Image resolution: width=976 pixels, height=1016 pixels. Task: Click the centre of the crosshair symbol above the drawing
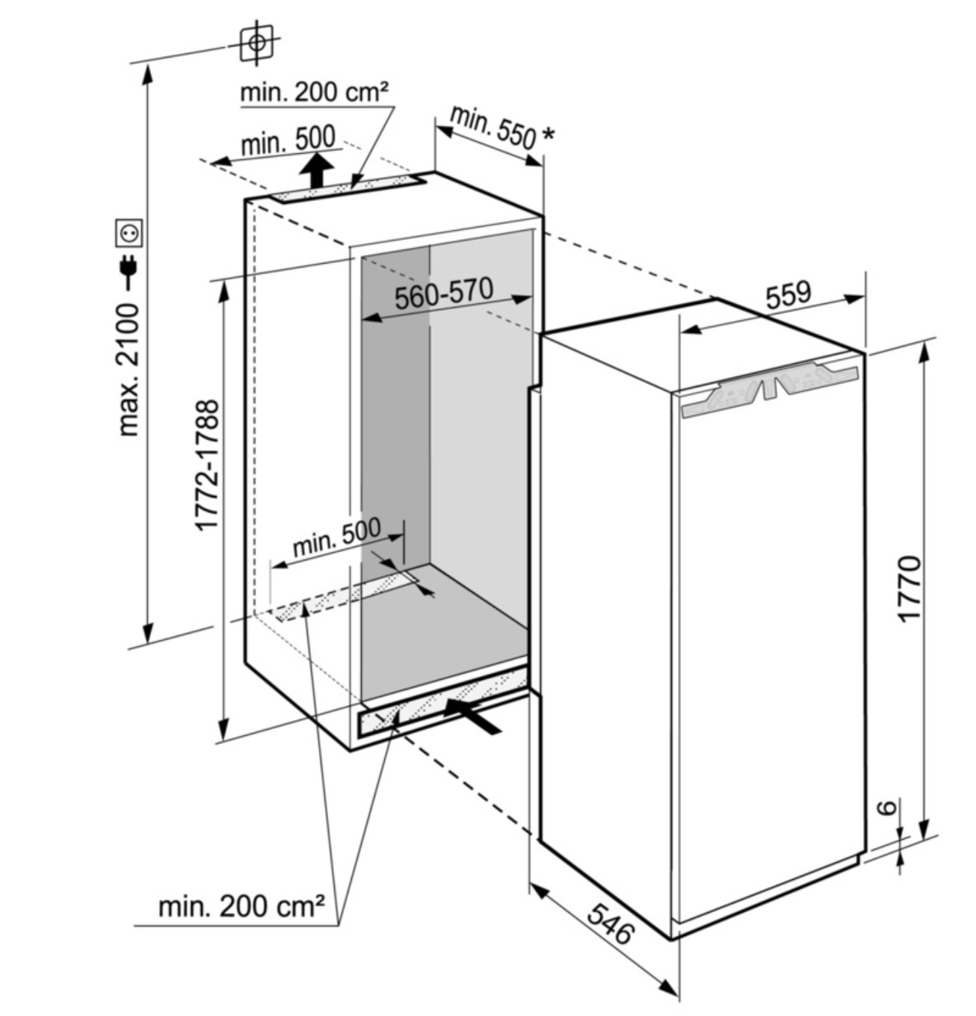tap(256, 43)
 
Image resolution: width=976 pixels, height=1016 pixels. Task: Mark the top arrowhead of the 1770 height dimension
tap(923, 346)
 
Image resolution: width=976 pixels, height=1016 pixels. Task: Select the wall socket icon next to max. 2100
tap(129, 233)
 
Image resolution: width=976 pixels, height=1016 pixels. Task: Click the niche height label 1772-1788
tap(207, 465)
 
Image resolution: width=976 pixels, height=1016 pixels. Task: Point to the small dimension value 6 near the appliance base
tap(886, 808)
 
